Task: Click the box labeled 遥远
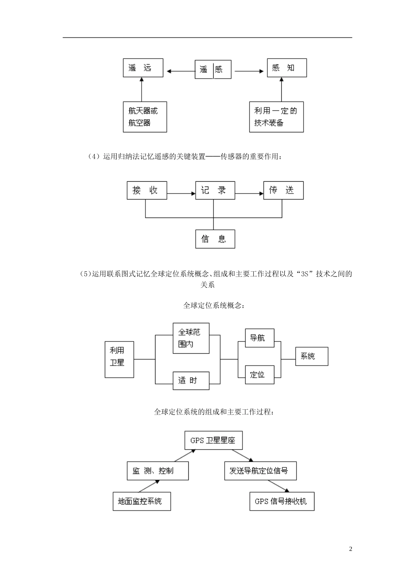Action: tap(143, 68)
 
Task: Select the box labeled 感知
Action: tap(287, 68)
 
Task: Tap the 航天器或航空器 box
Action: tap(145, 117)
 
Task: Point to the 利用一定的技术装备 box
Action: tap(276, 117)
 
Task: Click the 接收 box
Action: tap(147, 190)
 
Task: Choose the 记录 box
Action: tap(214, 190)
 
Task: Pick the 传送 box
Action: tap(283, 190)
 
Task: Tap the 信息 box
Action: tap(214, 239)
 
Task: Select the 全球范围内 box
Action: tap(191, 338)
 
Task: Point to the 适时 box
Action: tap(191, 380)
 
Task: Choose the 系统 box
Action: tap(311, 356)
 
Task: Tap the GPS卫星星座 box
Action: tap(213, 440)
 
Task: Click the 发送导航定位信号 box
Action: tap(259, 471)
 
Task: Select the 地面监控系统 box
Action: tap(142, 501)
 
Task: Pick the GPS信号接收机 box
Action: tap(282, 501)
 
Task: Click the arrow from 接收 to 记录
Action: tap(181, 193)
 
